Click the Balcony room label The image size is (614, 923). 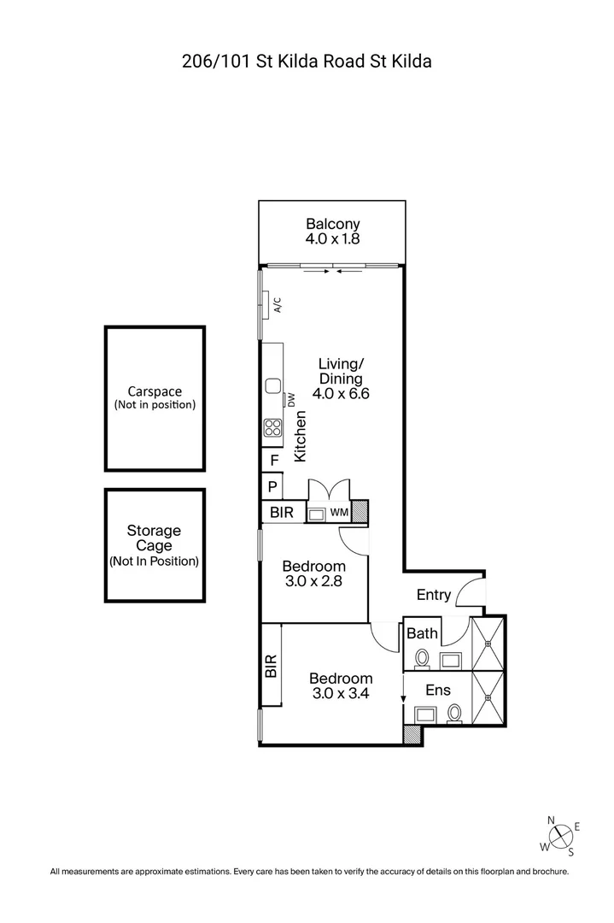coord(332,224)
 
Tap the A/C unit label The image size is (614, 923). coord(278,304)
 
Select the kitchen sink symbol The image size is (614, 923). coord(273,386)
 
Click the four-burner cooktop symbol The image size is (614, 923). coord(272,427)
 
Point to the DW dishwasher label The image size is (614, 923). coord(291,400)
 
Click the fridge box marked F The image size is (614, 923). coord(273,461)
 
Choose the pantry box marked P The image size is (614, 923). coord(272,487)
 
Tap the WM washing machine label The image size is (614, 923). coord(339,513)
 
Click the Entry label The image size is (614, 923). coord(434,595)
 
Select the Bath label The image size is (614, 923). coord(422,633)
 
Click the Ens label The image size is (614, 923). coord(438,690)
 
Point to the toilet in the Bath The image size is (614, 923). coord(422,659)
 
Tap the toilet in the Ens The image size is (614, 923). coord(454,713)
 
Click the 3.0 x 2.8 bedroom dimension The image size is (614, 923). coord(313,582)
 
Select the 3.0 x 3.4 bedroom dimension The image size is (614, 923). coord(341,693)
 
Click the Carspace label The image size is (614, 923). coord(155,391)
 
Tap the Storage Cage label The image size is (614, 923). coord(154,538)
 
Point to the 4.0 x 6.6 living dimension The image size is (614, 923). coord(341,394)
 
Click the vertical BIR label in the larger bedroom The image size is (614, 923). coord(271,666)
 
